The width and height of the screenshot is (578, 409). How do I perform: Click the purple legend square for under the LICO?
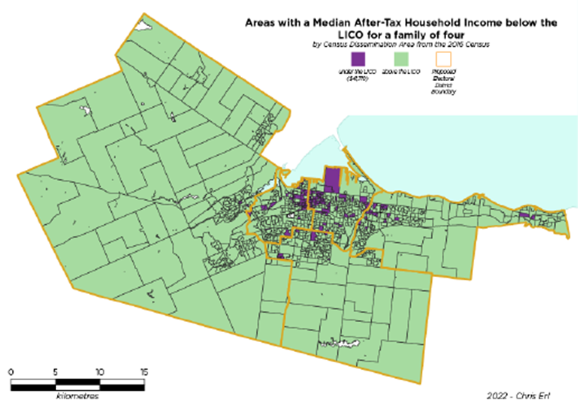(x=358, y=59)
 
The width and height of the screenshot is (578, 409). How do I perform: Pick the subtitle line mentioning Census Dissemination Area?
(x=399, y=44)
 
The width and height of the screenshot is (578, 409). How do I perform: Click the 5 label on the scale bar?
(x=56, y=372)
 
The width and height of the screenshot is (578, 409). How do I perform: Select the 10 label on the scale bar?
(x=99, y=372)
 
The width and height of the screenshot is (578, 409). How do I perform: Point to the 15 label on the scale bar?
(x=144, y=372)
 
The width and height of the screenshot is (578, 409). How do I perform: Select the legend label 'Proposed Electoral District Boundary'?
(x=445, y=81)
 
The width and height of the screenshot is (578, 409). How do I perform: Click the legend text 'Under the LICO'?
(x=357, y=76)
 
